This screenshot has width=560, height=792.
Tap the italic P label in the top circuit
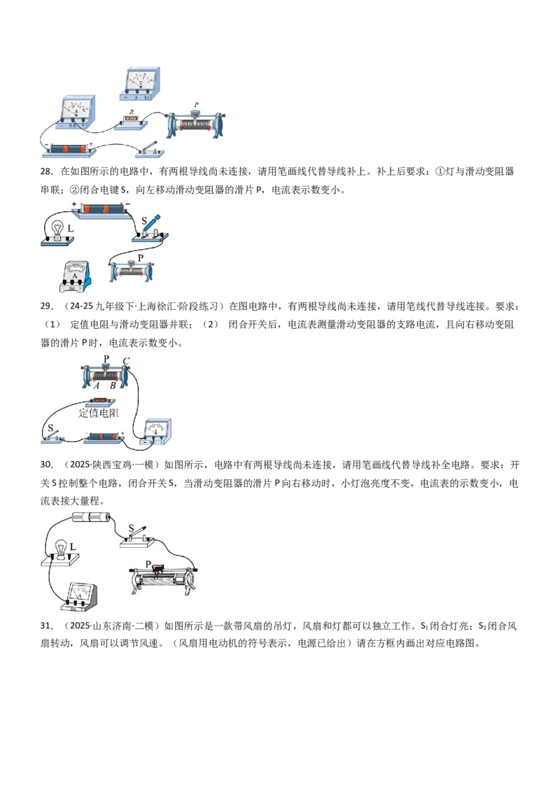click(x=196, y=105)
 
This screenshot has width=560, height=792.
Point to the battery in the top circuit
click(x=66, y=150)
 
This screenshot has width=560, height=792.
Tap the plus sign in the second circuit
click(x=73, y=204)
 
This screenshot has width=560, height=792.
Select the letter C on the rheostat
click(x=126, y=360)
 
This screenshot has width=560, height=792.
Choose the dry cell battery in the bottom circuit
click(x=92, y=517)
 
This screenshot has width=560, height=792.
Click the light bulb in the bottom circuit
click(x=61, y=549)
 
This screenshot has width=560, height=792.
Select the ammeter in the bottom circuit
click(x=80, y=597)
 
